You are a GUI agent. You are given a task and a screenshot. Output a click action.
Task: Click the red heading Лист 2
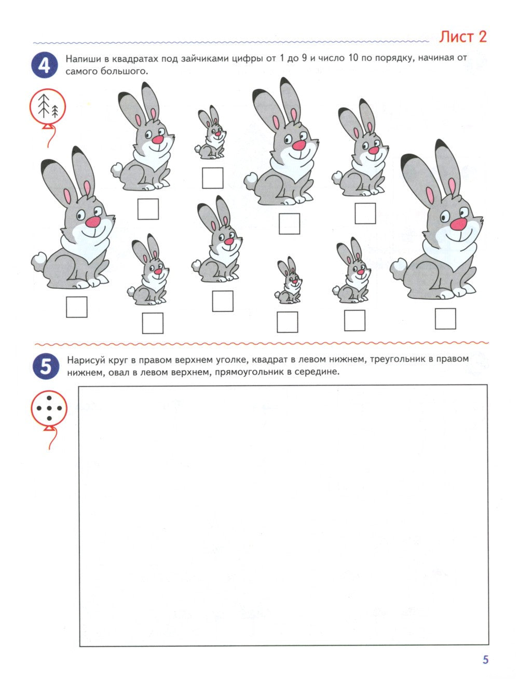[x=462, y=36]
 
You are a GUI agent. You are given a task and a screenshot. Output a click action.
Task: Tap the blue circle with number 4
[x=44, y=65]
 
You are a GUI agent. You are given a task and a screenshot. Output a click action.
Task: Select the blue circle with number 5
[x=46, y=366]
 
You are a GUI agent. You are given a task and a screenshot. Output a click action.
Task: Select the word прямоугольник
[x=249, y=372]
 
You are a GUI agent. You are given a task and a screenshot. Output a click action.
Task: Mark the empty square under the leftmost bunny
[x=76, y=307]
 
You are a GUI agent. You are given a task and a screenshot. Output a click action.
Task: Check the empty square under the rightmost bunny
[x=445, y=318]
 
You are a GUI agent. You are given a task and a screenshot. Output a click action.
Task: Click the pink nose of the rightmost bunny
[x=458, y=224]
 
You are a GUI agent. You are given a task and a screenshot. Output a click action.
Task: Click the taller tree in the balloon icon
[x=44, y=106]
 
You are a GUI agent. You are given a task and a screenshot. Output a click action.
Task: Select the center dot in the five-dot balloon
[x=49, y=408]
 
